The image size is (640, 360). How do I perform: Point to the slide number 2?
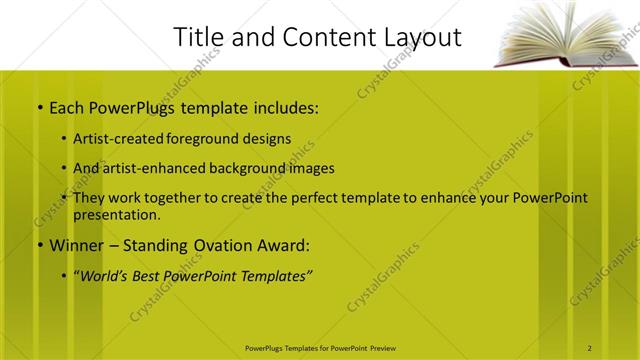pyautogui.click(x=590, y=347)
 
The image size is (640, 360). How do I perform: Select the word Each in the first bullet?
pyautogui.click(x=68, y=107)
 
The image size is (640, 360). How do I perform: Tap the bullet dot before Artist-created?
pyautogui.click(x=65, y=139)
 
